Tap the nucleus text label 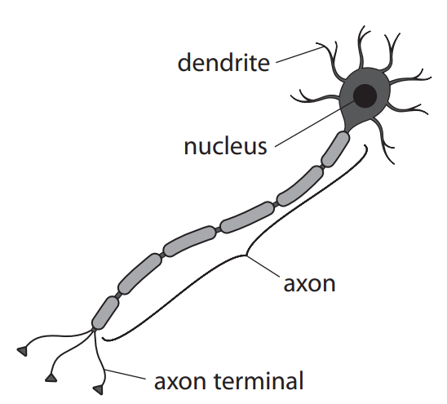(225, 147)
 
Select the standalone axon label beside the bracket (309, 285)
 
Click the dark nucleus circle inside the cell (364, 95)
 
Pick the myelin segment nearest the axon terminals (104, 313)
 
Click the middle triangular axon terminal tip (52, 379)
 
